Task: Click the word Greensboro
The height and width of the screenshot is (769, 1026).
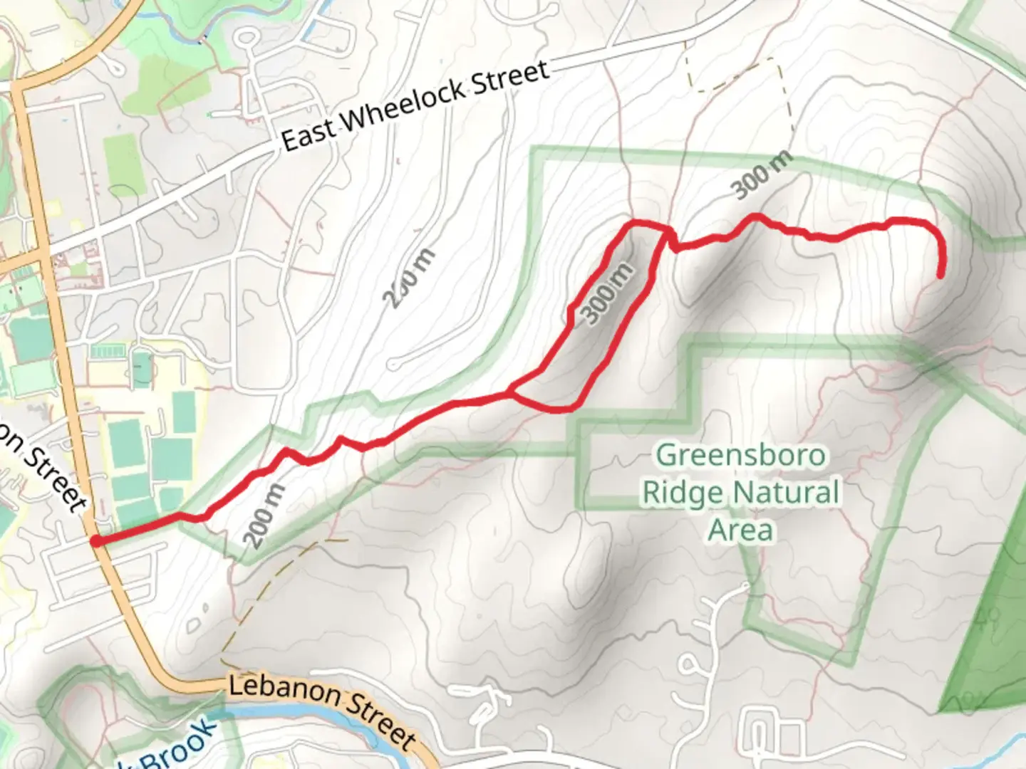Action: [x=740, y=455]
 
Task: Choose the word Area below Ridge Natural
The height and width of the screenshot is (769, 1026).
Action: [x=740, y=530]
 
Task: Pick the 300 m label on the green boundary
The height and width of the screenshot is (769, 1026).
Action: [x=762, y=176]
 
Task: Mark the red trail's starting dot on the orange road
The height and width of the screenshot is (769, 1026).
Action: [x=95, y=541]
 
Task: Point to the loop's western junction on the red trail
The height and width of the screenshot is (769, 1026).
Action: [x=509, y=392]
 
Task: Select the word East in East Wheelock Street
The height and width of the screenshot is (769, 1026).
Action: [x=308, y=135]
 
